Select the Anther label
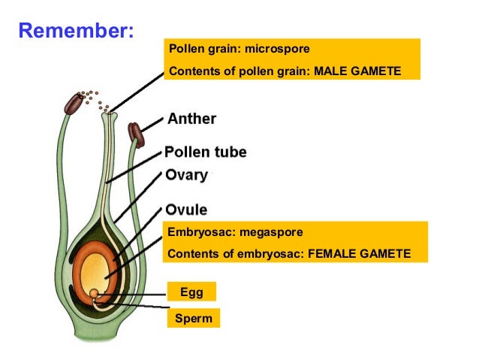[192, 119]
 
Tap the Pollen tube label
[206, 152]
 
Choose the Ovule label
[187, 210]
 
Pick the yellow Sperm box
[194, 319]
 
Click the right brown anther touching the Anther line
[136, 133]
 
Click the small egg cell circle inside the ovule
[93, 292]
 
